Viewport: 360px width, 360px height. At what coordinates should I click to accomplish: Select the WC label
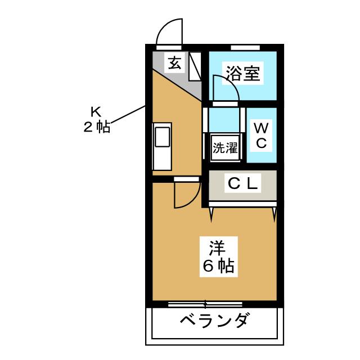pos(261,135)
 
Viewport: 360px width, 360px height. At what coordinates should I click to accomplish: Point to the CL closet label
pos(242,183)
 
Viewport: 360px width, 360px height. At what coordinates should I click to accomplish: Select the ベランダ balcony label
pos(214,322)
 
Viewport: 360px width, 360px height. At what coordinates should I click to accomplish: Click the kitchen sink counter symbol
pos(161,145)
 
